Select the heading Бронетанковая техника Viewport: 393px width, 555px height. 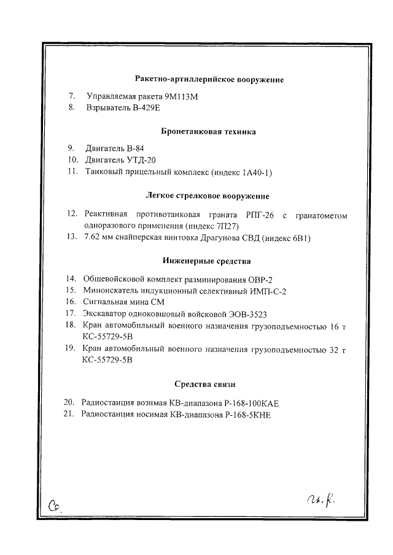tap(208, 132)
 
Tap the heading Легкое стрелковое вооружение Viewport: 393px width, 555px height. tap(208, 196)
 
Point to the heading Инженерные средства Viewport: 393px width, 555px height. tap(208, 261)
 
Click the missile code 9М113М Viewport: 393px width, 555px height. tap(183, 97)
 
